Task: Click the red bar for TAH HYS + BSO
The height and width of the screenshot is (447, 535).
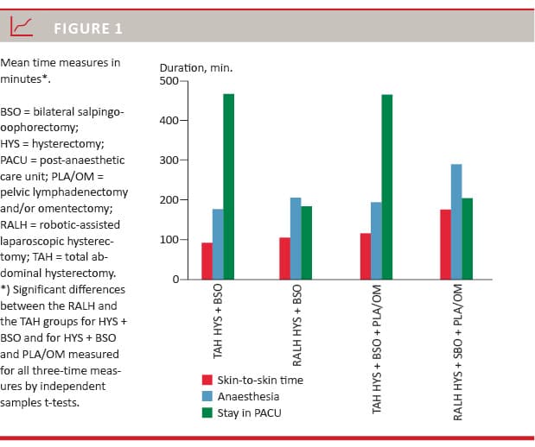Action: (x=207, y=261)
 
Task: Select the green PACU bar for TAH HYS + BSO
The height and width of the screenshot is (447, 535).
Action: (x=228, y=186)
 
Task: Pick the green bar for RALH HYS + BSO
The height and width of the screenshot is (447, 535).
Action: (x=307, y=242)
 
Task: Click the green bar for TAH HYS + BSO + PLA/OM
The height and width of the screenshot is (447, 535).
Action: (x=386, y=186)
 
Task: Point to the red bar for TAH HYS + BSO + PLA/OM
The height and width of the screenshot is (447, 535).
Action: (x=365, y=256)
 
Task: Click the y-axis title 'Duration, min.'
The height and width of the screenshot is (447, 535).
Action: (x=196, y=67)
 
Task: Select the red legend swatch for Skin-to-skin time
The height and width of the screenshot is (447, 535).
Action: (x=207, y=380)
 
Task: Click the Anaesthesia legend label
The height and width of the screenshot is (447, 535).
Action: (x=249, y=396)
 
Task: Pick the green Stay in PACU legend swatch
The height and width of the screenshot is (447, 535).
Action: (x=207, y=412)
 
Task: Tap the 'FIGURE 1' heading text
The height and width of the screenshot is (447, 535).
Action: (x=88, y=28)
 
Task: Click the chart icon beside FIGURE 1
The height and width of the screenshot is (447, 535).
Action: (x=21, y=28)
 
